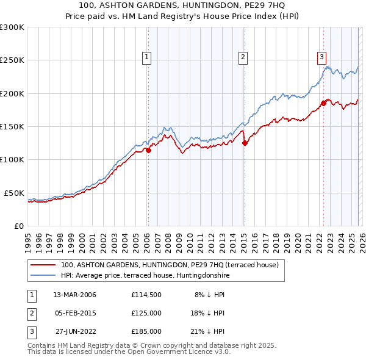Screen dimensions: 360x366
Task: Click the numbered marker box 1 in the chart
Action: (148, 58)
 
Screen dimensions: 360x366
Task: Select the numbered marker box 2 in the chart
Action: (243, 58)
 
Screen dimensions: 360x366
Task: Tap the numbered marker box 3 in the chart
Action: (321, 58)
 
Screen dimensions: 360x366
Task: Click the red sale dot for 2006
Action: (148, 150)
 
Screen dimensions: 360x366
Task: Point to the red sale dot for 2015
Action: (245, 143)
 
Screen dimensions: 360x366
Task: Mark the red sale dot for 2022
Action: (324, 104)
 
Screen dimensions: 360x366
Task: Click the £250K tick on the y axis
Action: (12, 60)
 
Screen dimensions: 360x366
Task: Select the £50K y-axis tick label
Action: (14, 193)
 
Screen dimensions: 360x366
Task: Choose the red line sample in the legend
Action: (44, 265)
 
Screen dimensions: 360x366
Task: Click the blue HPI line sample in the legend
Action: (44, 275)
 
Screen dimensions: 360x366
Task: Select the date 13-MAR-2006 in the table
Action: (74, 295)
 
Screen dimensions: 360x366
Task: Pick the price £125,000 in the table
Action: (146, 313)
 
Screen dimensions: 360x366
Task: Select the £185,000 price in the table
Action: (146, 331)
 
